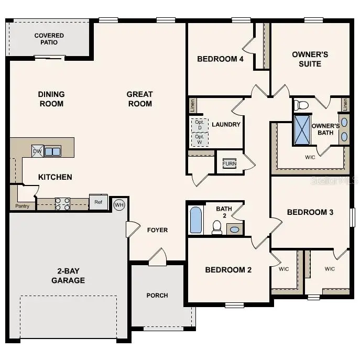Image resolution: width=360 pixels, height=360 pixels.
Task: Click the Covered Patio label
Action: (x=49, y=39)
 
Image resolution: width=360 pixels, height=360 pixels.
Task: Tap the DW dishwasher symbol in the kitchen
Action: (x=37, y=151)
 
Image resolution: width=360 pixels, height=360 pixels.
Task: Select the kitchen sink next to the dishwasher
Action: (x=52, y=151)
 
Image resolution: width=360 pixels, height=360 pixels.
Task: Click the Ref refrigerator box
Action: (x=99, y=202)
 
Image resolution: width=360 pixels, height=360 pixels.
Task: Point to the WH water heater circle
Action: (x=119, y=204)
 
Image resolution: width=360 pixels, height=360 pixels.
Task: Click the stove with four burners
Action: (x=63, y=204)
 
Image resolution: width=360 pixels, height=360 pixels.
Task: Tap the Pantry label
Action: (x=22, y=206)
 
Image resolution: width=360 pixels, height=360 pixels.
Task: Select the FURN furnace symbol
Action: (x=230, y=163)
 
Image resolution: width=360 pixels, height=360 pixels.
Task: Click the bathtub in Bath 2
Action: (x=195, y=220)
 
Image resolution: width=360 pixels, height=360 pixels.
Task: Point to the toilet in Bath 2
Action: (x=217, y=226)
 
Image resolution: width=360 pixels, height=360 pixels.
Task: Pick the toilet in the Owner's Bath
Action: (x=302, y=105)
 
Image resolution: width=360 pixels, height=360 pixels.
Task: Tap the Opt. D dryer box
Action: (x=199, y=125)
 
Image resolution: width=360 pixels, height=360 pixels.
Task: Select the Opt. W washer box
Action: (x=199, y=139)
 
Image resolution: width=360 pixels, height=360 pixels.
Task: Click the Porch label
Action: (x=157, y=295)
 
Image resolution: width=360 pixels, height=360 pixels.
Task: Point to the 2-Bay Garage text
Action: (x=68, y=276)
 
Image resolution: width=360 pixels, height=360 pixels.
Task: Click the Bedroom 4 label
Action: (x=220, y=59)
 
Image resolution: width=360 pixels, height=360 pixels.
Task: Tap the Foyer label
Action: (x=157, y=230)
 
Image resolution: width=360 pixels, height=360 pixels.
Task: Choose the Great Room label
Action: (x=140, y=99)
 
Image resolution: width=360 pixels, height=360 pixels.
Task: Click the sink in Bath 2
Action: (x=235, y=229)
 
